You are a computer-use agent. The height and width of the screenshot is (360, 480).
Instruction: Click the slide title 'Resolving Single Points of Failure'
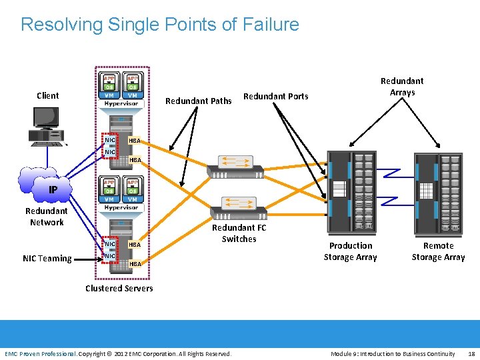(160, 25)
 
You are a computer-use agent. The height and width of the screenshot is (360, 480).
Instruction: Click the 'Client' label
(47, 95)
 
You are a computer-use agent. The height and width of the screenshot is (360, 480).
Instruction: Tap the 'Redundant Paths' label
(198, 101)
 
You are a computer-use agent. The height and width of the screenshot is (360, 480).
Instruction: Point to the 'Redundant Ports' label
(276, 96)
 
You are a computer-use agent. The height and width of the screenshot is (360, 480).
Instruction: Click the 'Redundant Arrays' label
(402, 87)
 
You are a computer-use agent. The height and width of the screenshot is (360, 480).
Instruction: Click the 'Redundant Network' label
(47, 217)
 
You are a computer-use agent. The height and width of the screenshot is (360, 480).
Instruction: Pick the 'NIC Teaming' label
(47, 258)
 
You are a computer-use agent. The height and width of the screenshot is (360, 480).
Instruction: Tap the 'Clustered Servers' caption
(119, 288)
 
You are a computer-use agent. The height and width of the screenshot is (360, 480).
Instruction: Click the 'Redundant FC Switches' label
(239, 233)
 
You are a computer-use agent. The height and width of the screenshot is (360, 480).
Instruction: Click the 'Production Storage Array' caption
(350, 251)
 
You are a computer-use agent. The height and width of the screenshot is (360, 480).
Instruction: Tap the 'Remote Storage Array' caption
(438, 251)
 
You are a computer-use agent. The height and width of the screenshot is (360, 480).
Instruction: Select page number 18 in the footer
(471, 353)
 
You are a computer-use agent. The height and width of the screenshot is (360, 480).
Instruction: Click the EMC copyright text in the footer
(118, 353)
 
